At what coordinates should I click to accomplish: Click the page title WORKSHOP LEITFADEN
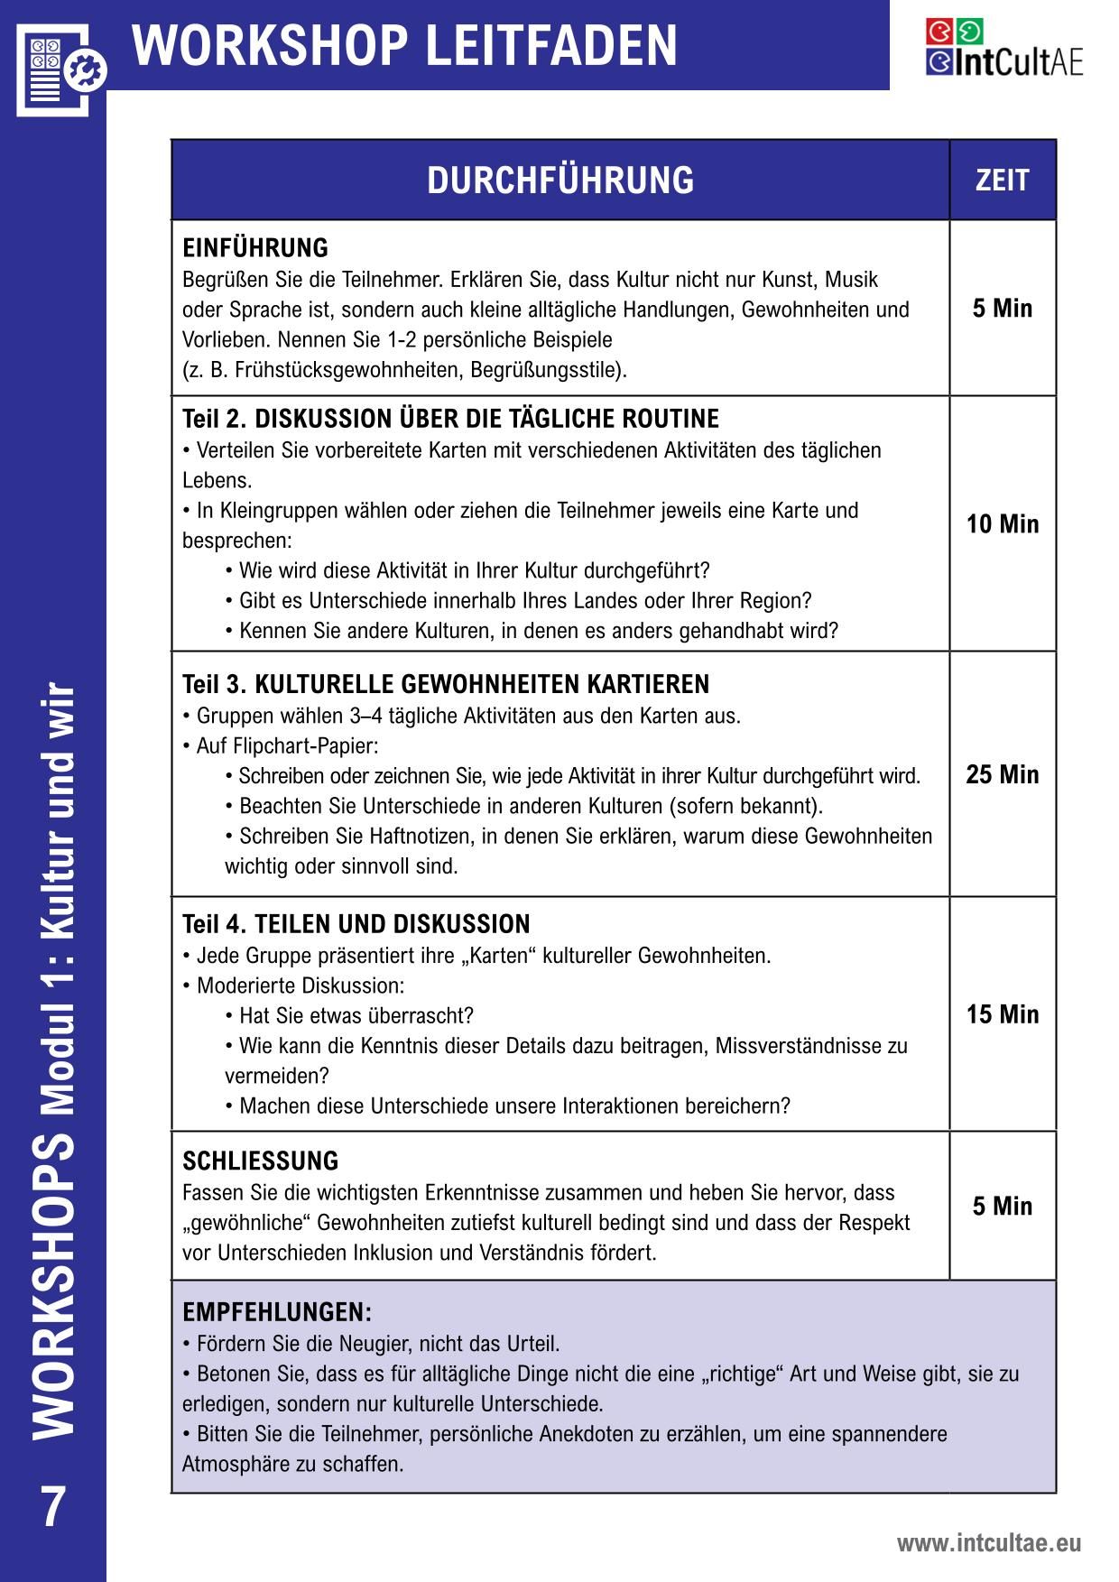tap(405, 45)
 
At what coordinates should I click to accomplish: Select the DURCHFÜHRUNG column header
tap(560, 180)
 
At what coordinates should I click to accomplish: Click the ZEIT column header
tap(1002, 180)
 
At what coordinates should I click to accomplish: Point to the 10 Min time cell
tap(1002, 524)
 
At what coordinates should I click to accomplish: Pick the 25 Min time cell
tap(1002, 774)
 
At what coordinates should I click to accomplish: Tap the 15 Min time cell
tap(1002, 1014)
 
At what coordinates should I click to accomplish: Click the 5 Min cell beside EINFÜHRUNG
tap(1002, 309)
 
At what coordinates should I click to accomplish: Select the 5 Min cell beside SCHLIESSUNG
tap(1002, 1207)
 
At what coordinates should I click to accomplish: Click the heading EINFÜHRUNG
tap(255, 248)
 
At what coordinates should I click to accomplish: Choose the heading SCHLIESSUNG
tap(261, 1161)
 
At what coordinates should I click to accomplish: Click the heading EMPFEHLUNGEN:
tap(277, 1312)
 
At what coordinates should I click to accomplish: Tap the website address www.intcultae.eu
tap(988, 1543)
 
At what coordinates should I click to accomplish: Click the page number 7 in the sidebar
tap(53, 1507)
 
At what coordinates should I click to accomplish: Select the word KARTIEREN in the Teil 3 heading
tap(650, 684)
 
